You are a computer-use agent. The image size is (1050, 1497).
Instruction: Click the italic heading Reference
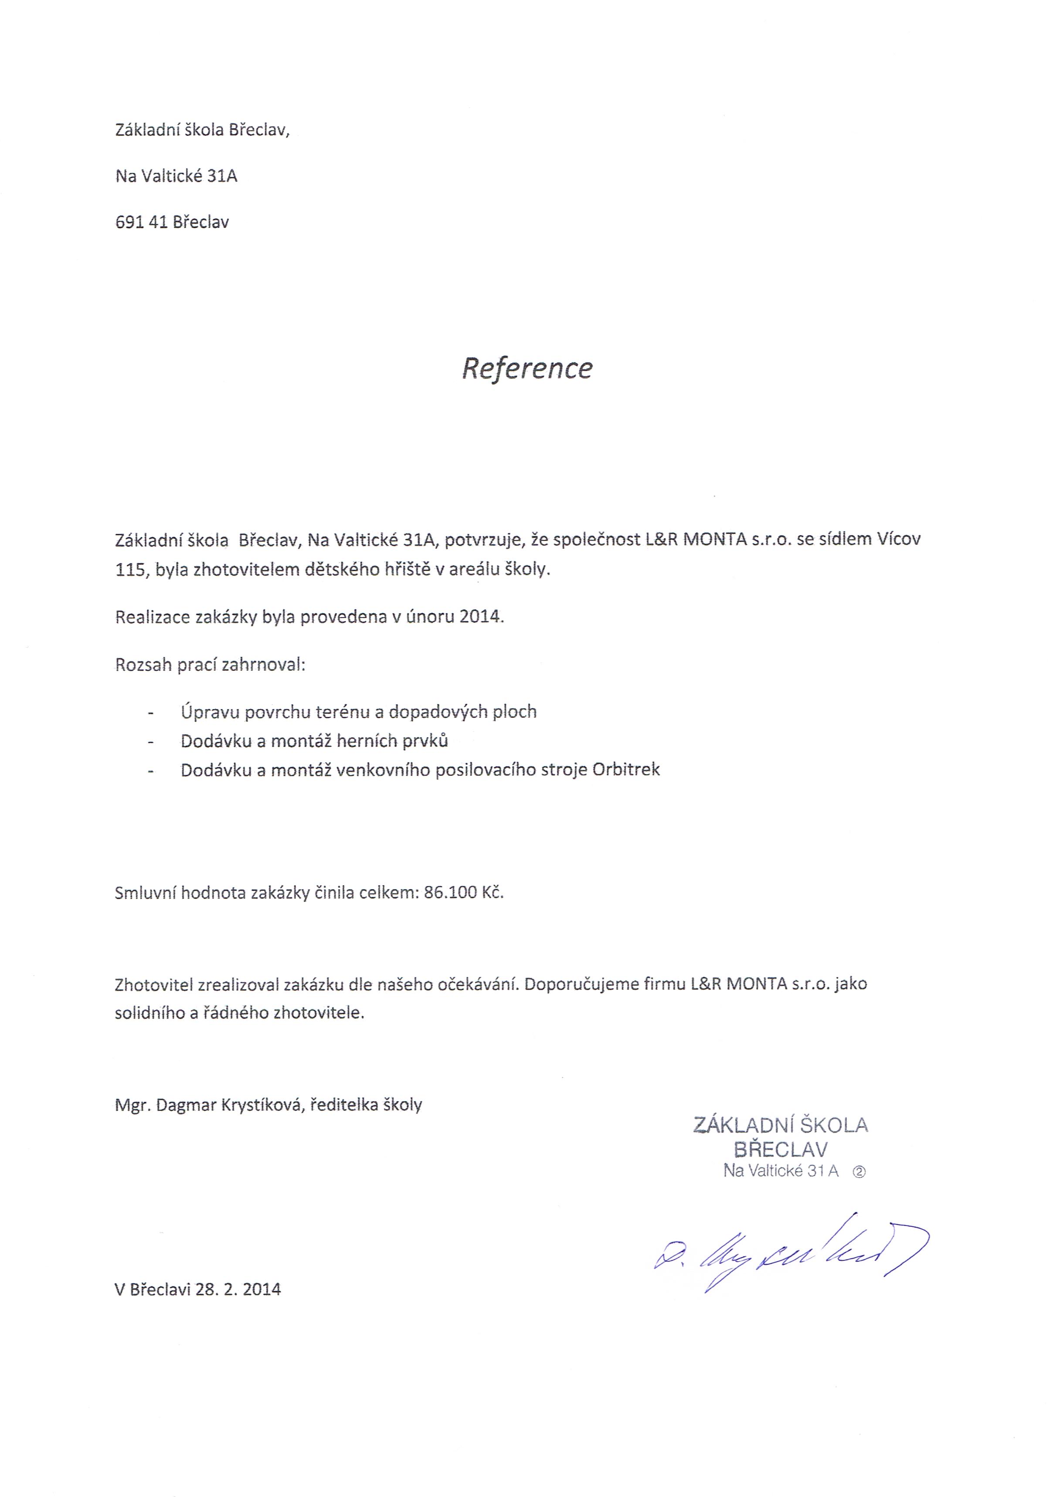click(x=527, y=368)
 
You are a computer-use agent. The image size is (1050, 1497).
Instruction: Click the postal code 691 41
click(x=141, y=222)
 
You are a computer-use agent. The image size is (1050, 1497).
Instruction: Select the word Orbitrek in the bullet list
click(x=626, y=770)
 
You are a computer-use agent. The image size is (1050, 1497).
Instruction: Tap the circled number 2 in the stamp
click(x=859, y=1171)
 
